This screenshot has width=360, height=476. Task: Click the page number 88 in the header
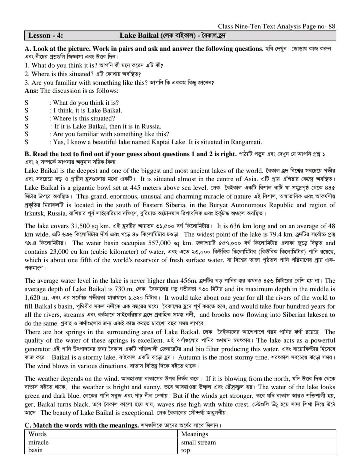pyautogui.click(x=331, y=26)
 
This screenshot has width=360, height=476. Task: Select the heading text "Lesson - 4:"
pyautogui.click(x=46, y=35)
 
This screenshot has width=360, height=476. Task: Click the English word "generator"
pyautogui.click(x=37, y=349)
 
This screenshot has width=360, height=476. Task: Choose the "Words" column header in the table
pyautogui.click(x=37, y=434)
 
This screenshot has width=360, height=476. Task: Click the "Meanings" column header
pyautogui.click(x=194, y=434)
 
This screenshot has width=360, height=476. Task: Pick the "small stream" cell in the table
pyautogui.click(x=198, y=442)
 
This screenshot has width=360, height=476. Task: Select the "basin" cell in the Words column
pyautogui.click(x=35, y=450)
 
